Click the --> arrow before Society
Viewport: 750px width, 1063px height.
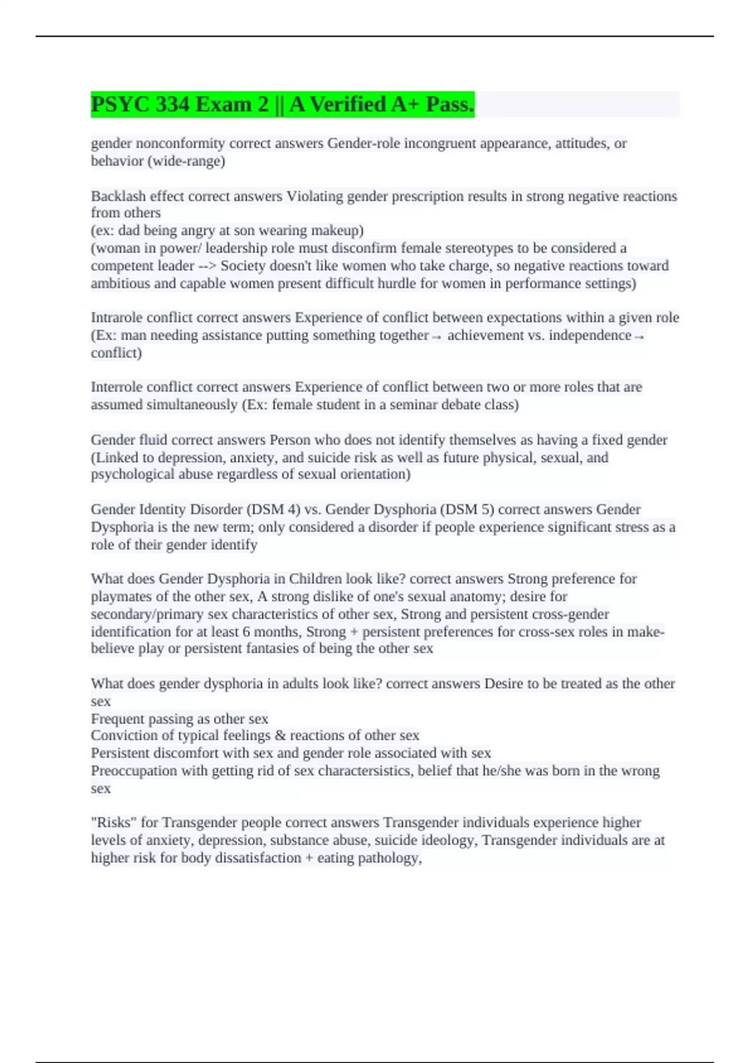[207, 266]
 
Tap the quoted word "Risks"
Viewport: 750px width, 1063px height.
[114, 823]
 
